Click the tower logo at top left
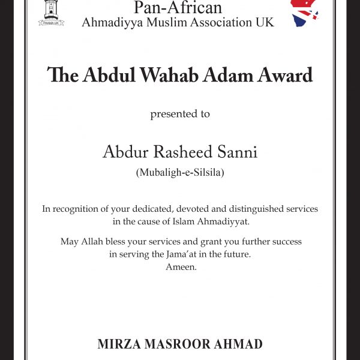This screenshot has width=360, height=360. point(51,13)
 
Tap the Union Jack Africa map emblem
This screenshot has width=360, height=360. point(305,12)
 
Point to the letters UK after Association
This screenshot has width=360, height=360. point(266,23)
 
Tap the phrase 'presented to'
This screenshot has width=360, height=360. point(179,113)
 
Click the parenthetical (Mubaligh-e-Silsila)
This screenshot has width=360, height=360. point(179,173)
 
